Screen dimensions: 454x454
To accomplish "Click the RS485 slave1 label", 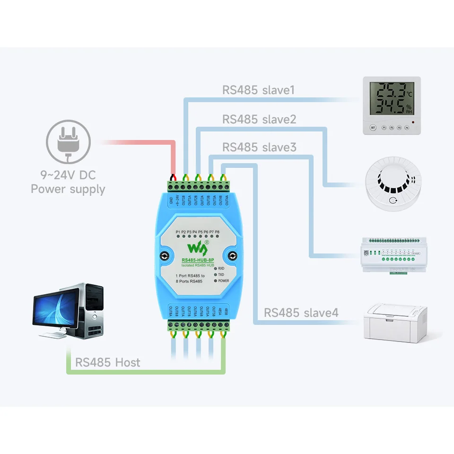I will (258, 90).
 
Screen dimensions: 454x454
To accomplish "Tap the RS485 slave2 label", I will (259, 119).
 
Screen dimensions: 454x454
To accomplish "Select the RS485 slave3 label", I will (259, 148).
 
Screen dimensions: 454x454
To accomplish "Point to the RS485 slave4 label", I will (301, 313).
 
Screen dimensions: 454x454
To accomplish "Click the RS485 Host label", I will (108, 363).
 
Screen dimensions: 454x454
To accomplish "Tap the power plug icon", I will (68, 141).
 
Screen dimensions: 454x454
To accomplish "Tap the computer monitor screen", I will (53, 310).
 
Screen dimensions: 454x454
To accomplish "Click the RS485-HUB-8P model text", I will (197, 260).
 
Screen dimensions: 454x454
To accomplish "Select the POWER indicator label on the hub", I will (224, 281).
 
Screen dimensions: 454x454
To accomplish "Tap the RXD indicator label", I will (221, 269).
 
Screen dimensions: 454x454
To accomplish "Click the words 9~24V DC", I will (68, 175).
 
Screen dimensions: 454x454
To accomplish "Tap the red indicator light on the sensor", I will (413, 123).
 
